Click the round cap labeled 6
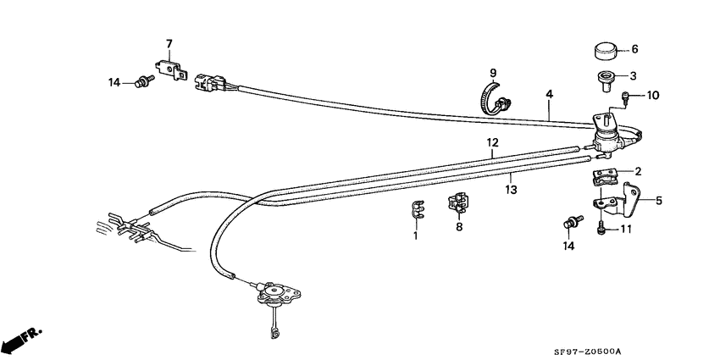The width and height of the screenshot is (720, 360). (603, 51)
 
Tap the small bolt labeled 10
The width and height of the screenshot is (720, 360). (624, 96)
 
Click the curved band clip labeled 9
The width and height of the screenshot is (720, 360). (496, 99)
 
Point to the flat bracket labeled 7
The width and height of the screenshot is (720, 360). (171, 69)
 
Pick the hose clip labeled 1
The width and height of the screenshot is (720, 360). (416, 208)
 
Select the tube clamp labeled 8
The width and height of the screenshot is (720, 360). (458, 202)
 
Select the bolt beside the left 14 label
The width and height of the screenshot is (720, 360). (142, 82)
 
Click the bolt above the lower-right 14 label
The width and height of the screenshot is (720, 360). (572, 222)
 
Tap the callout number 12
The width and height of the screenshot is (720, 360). (492, 142)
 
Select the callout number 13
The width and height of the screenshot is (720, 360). (511, 190)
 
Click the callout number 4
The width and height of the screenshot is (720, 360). (549, 94)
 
